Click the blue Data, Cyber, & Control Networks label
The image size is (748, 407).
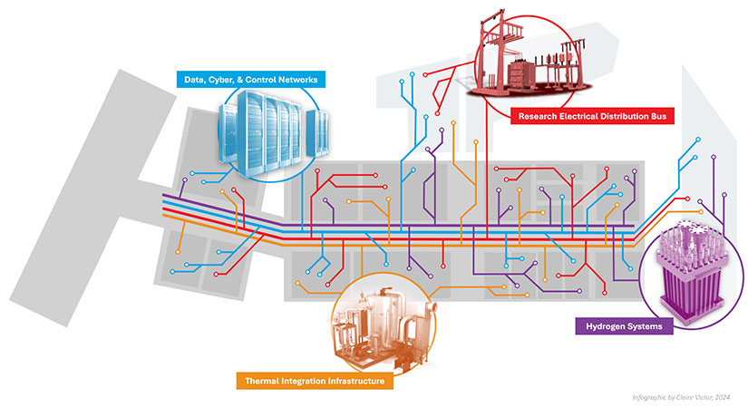click(x=250, y=81)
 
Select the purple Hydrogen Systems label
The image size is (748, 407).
click(x=624, y=325)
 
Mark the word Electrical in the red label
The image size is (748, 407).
click(x=583, y=115)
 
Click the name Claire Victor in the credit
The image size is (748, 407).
click(x=692, y=397)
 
